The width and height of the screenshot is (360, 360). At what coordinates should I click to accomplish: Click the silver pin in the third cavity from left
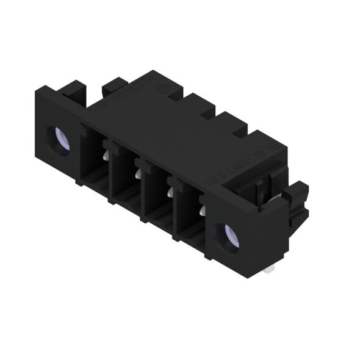(x=169, y=192)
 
